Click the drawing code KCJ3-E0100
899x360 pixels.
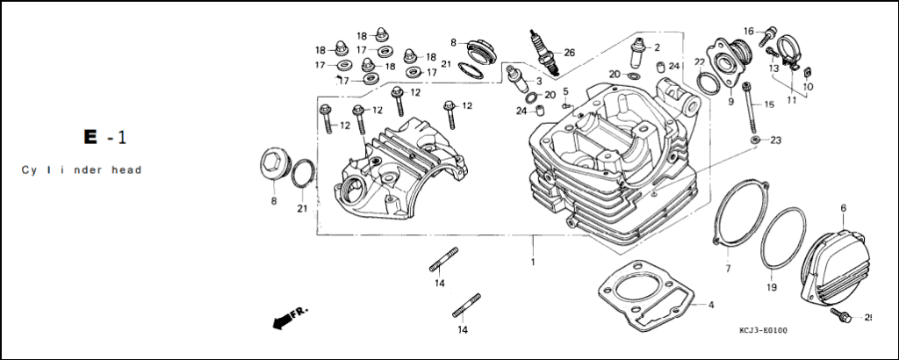[763, 330]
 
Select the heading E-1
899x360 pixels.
[104, 138]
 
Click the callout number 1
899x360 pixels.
[532, 263]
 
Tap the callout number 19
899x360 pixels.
[771, 287]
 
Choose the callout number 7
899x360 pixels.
[728, 268]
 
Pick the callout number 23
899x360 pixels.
[775, 140]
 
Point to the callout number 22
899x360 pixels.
[700, 62]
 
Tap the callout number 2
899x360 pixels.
[657, 47]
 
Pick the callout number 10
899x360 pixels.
[808, 87]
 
